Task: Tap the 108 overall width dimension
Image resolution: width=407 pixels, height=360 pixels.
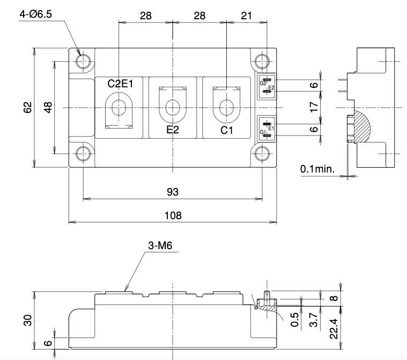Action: (173, 215)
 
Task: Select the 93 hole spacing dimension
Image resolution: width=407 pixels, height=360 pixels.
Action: (173, 192)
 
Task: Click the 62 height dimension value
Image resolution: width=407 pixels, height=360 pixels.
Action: (28, 108)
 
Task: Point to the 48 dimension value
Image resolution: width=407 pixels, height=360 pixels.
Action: (49, 108)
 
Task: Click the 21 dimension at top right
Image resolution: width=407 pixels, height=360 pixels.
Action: (247, 16)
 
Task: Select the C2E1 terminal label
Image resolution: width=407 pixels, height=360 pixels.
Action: (120, 84)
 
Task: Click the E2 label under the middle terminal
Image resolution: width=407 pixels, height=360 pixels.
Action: (173, 130)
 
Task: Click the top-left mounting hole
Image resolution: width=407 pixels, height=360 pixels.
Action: (83, 61)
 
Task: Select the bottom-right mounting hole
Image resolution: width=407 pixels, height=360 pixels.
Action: (263, 154)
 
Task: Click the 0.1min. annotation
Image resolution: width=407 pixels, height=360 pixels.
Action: (317, 169)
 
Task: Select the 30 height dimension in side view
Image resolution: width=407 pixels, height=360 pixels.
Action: (28, 320)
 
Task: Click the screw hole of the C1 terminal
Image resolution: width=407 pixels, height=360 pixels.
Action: (226, 108)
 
